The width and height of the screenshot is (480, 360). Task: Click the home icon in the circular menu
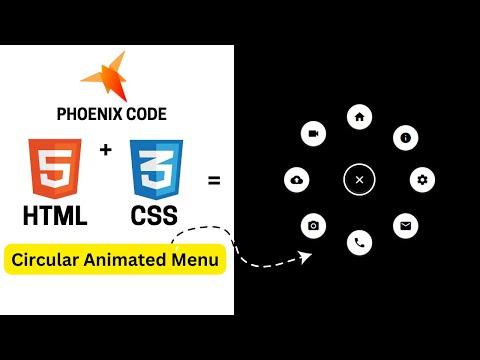[x=359, y=117]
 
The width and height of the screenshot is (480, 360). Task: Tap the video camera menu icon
[x=314, y=133]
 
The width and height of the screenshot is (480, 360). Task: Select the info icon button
[x=405, y=137]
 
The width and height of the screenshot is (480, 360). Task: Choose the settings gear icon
[x=423, y=180]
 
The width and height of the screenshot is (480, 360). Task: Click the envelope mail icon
[x=404, y=224]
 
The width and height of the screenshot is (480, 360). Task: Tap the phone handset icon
[x=359, y=242]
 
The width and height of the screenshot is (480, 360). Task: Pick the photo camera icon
[x=314, y=225]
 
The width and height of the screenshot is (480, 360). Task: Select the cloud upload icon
[x=296, y=180]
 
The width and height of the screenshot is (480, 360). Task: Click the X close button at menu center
[x=359, y=180]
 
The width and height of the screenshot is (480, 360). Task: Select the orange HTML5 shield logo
[x=56, y=168]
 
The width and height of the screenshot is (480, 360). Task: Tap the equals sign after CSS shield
[x=213, y=182]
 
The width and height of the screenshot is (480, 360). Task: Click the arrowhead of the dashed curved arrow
[x=306, y=257]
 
